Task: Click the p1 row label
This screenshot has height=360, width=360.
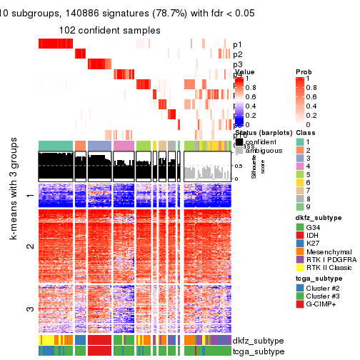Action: [237, 44]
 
